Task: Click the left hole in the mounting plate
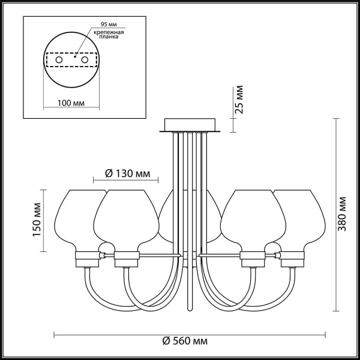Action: click(59, 61)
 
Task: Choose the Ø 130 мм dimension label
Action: click(127, 173)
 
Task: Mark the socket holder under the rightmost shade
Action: click(292, 259)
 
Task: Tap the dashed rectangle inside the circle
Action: click(71, 61)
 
